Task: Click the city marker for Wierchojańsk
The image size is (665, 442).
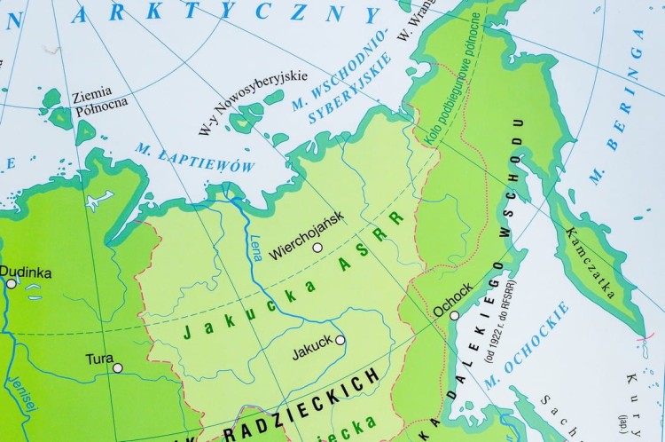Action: (x=317, y=248)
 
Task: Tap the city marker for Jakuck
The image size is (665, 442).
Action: (x=340, y=339)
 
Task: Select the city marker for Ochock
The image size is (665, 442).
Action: (x=454, y=315)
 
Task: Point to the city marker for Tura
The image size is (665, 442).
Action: (x=117, y=367)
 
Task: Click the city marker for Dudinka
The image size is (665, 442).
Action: (x=12, y=284)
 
